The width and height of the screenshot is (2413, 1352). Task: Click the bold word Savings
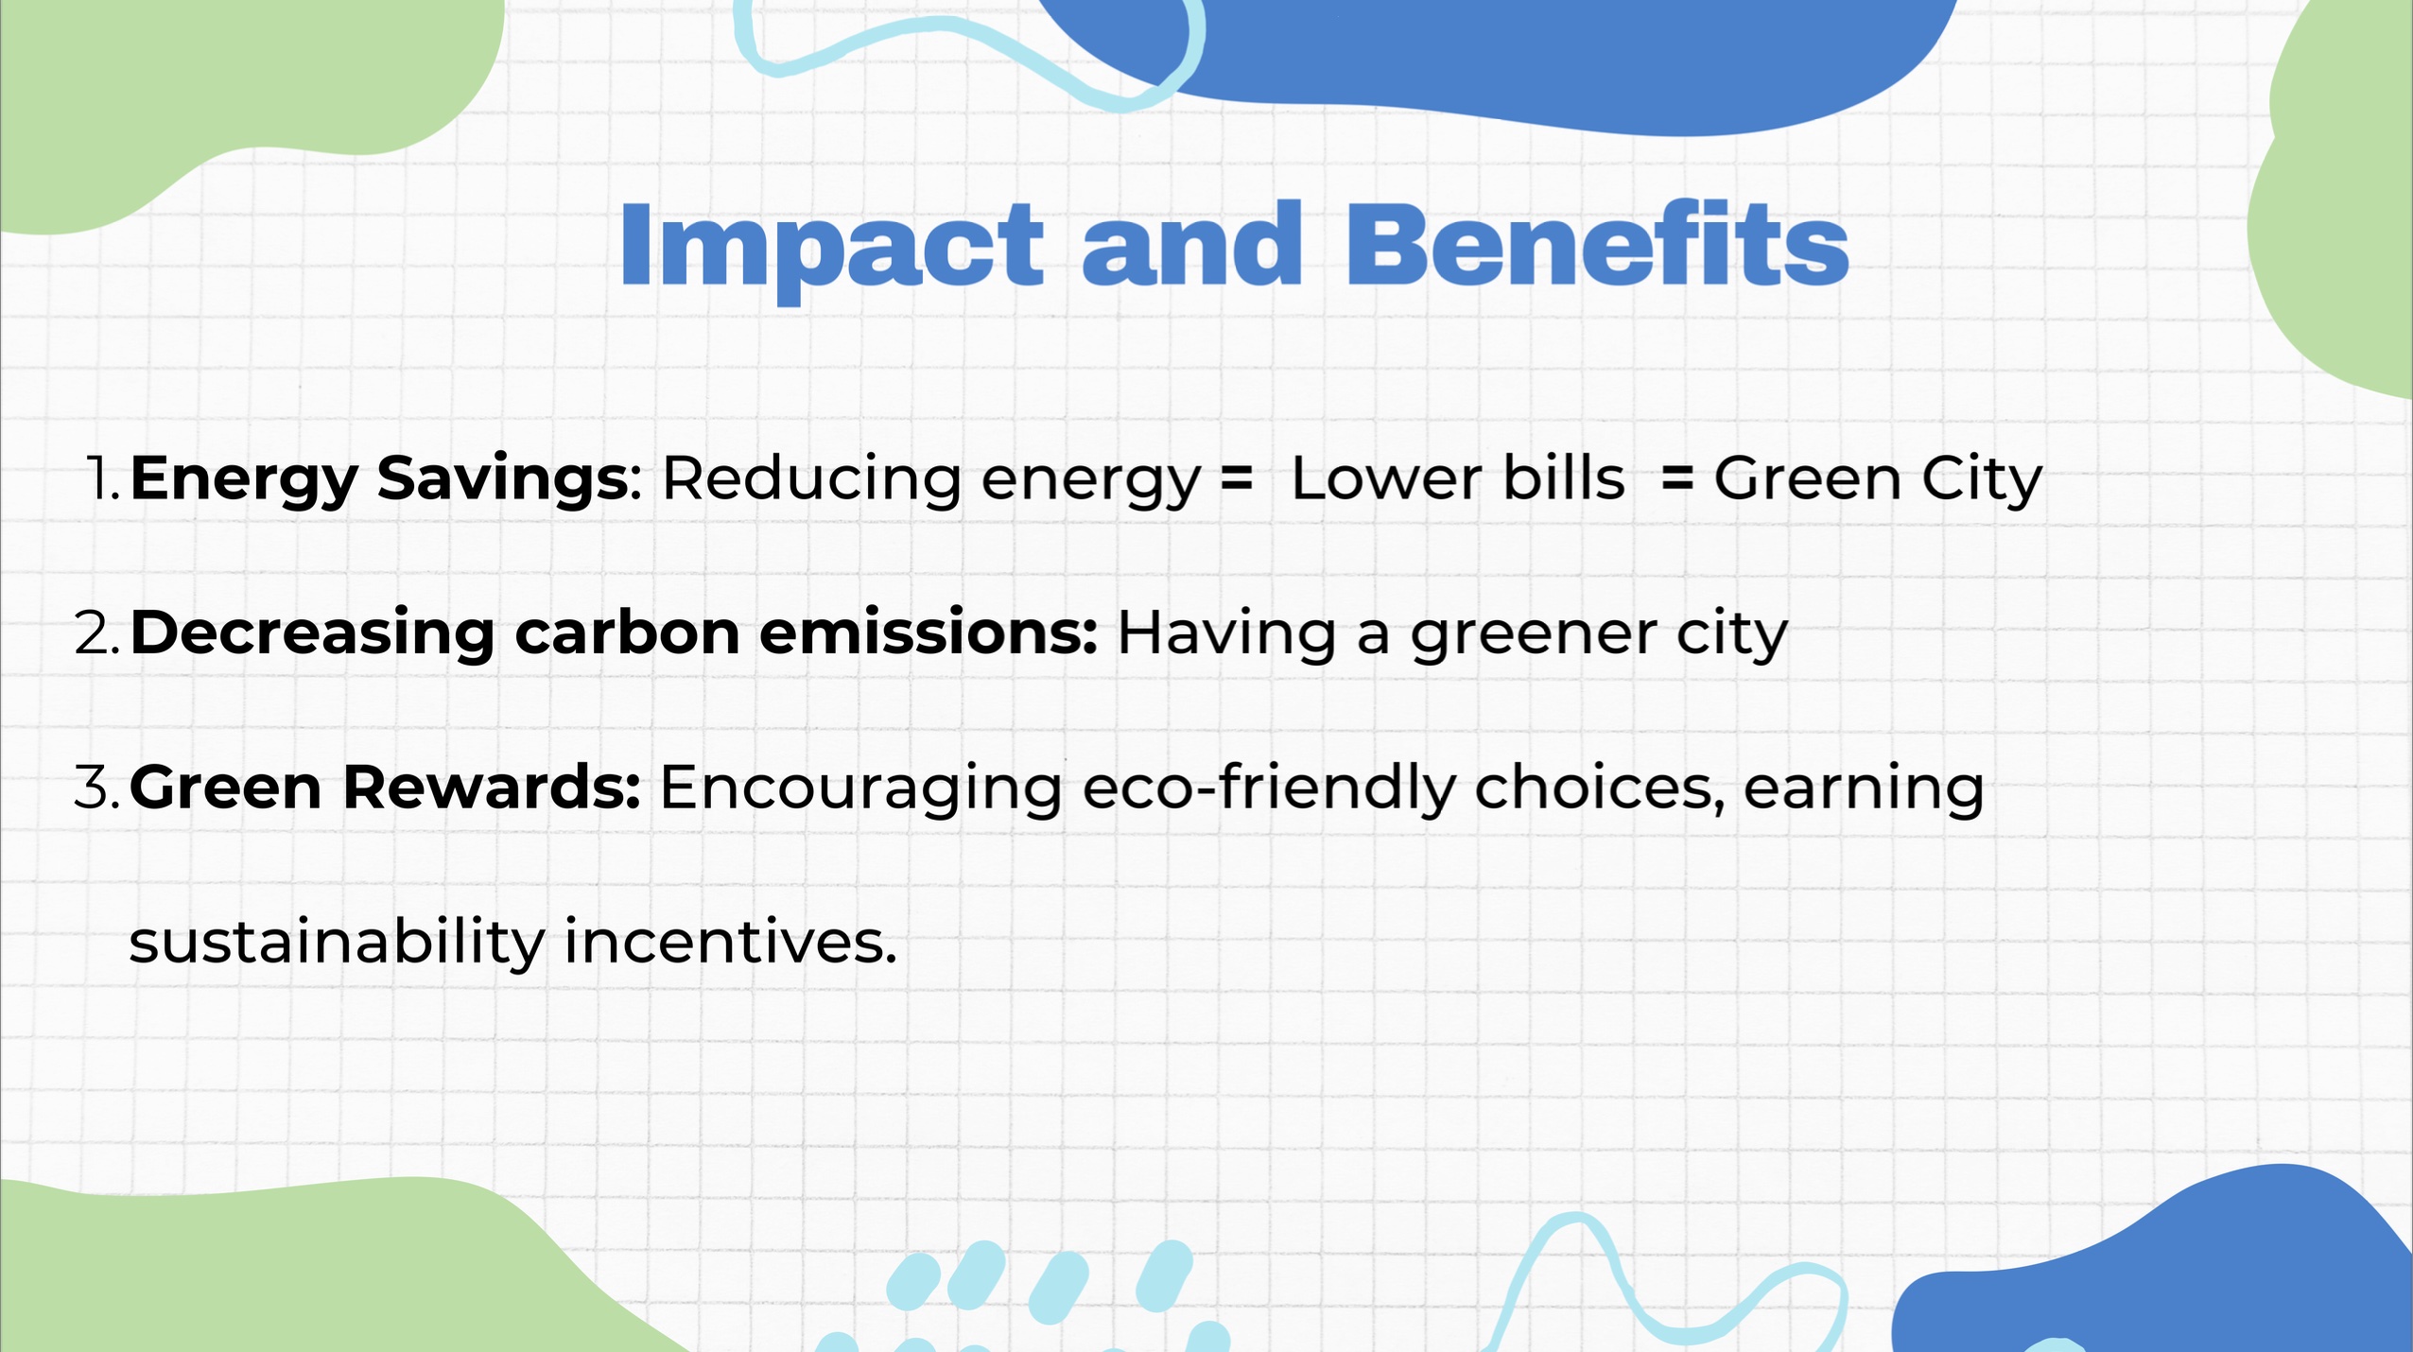tap(502, 481)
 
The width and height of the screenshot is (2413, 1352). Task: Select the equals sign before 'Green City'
tap(1677, 478)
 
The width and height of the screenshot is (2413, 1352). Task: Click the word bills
tap(1564, 477)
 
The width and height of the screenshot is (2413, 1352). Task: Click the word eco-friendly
tap(1269, 789)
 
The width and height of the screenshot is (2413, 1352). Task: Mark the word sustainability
tap(337, 943)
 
